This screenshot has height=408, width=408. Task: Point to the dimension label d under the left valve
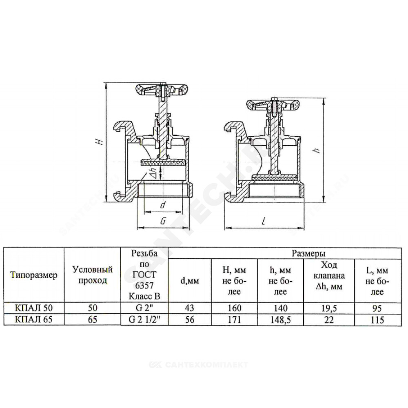point(163,205)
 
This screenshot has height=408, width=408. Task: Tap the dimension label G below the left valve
point(163,221)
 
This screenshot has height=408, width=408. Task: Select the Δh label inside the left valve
point(153,172)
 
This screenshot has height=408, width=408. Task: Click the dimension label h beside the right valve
point(317,151)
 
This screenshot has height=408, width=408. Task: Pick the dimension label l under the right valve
point(264,221)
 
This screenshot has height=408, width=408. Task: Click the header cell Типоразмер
point(34,275)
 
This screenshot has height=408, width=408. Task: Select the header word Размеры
point(308,253)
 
